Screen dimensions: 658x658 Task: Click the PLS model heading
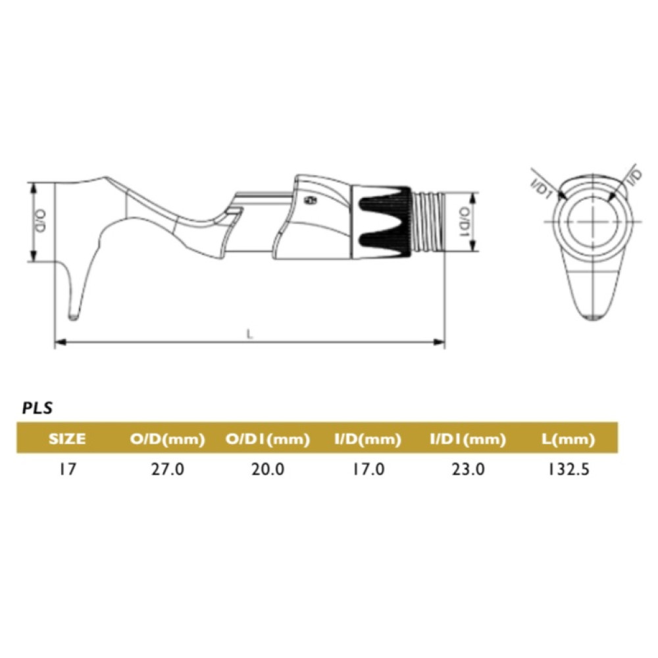38,409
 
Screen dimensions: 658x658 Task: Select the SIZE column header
67,439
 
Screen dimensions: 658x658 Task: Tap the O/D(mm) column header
167,440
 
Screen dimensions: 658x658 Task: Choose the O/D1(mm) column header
268,440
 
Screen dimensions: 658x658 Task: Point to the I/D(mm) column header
368,440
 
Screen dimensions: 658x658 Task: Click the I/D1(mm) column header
468,440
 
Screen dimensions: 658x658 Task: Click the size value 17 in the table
67,469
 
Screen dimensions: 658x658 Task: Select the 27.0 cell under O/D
167,469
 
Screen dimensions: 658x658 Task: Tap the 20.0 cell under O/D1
268,469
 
